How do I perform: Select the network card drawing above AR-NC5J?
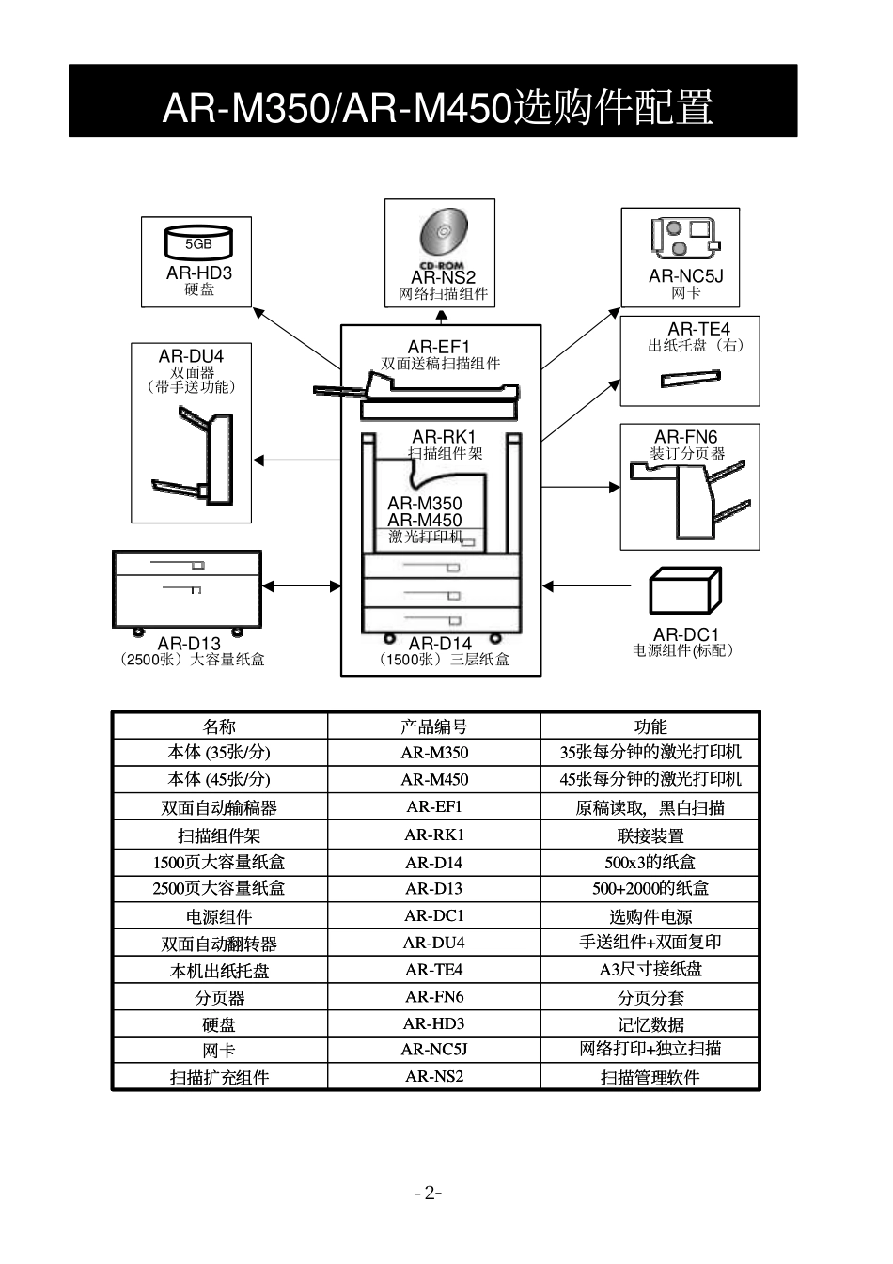click(685, 238)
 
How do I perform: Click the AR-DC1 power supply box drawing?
click(685, 591)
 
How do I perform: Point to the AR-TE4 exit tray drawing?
click(690, 379)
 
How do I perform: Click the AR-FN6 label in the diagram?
click(685, 437)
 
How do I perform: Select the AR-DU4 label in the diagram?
click(191, 356)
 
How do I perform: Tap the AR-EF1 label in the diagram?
click(438, 348)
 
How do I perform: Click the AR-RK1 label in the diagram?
click(444, 437)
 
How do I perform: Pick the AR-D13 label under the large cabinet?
click(189, 644)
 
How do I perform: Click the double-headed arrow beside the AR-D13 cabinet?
click(301, 586)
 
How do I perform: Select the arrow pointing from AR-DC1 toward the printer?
click(587, 586)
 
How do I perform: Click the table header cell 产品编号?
click(433, 726)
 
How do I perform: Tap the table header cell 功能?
click(650, 726)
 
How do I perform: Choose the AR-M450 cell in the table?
click(433, 779)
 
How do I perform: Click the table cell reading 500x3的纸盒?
click(650, 862)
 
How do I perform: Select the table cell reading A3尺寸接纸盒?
click(650, 969)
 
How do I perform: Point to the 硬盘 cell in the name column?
click(219, 1024)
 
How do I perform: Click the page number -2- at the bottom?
click(429, 1194)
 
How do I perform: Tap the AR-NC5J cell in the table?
click(433, 1050)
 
